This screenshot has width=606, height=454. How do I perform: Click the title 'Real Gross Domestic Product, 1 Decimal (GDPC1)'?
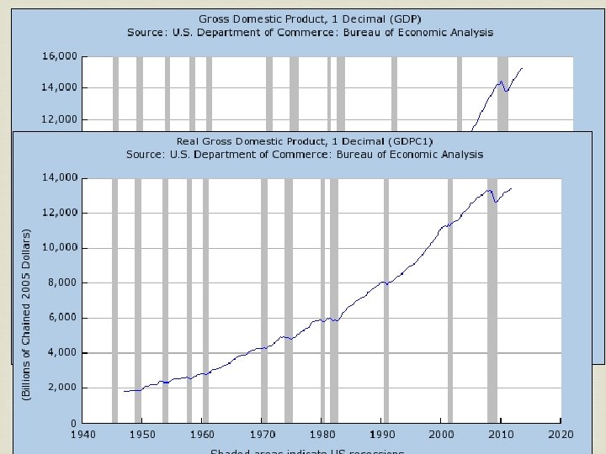305,141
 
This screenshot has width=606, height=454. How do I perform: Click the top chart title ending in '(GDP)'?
311,18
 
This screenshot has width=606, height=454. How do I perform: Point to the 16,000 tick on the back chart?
61,56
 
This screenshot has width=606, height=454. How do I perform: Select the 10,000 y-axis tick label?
61,248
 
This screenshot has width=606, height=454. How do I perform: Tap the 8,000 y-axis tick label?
63,282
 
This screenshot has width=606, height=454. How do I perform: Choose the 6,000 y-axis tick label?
63,318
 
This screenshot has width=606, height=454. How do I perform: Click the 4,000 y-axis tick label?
63,353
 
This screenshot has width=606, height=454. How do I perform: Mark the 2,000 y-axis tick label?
63,388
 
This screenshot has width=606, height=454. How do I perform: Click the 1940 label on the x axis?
82,435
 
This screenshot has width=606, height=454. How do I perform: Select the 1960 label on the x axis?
202,435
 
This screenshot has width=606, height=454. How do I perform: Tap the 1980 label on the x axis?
322,435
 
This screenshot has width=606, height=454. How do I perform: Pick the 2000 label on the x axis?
441,435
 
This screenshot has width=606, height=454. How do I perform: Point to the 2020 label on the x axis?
561,435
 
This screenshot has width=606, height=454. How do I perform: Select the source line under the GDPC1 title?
305,155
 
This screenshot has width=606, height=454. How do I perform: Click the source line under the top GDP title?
311,33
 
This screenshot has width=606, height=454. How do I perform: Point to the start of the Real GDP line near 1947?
125,391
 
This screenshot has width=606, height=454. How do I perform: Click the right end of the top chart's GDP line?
522,68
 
